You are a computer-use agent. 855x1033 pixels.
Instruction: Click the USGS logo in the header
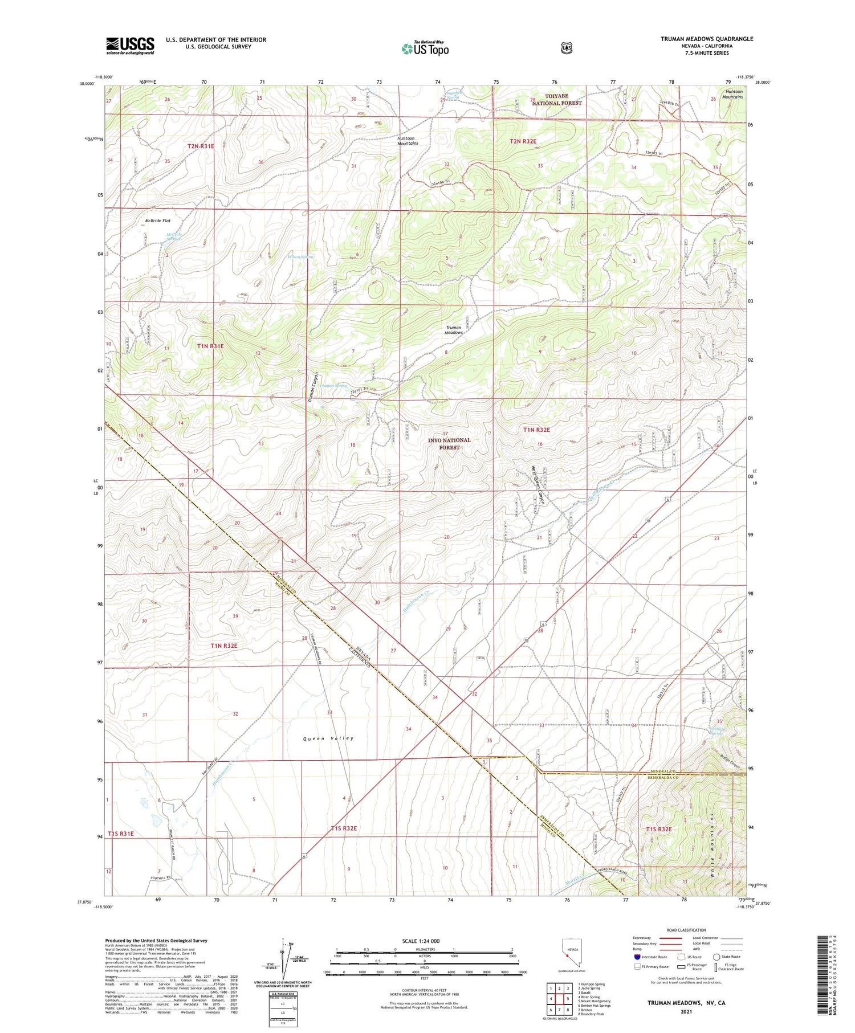(x=130, y=46)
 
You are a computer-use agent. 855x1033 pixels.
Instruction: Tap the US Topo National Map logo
(x=425, y=48)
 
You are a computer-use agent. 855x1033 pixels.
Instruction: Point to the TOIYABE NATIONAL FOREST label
(x=555, y=99)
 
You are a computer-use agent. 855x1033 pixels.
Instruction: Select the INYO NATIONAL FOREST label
(x=449, y=443)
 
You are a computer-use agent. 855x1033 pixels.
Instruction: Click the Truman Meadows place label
(x=454, y=330)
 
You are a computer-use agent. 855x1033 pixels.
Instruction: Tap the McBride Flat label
(x=158, y=221)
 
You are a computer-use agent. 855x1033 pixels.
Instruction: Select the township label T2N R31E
(x=201, y=146)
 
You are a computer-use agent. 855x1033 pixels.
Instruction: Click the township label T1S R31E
(x=120, y=834)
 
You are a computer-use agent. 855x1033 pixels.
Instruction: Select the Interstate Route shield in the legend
(x=637, y=957)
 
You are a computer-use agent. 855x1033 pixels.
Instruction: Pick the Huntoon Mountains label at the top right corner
(x=733, y=94)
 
